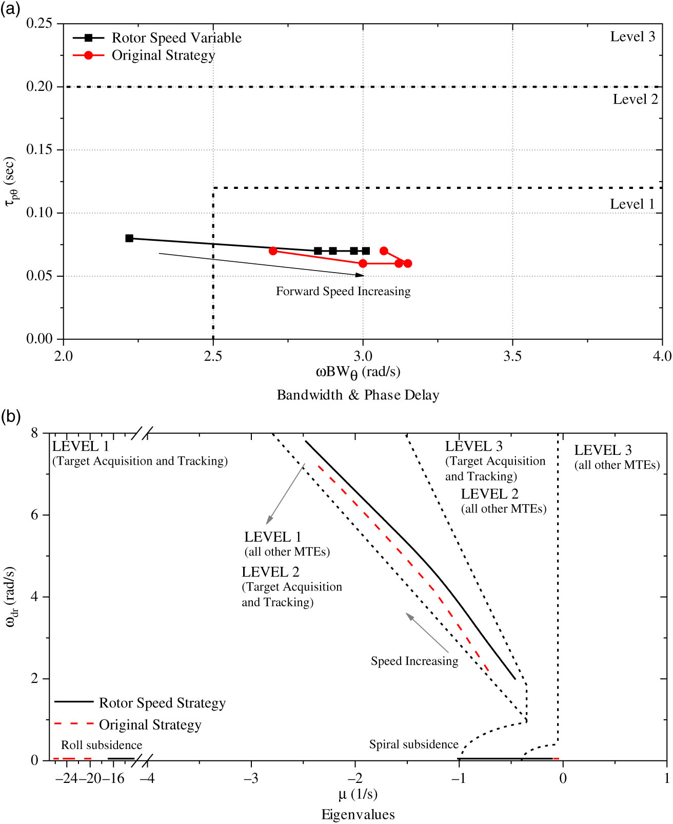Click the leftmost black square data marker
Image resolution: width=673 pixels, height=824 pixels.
129,238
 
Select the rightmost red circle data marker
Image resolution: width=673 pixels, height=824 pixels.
408,263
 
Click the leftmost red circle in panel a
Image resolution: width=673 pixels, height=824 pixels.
273,251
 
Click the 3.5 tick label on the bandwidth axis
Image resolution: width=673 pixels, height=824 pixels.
512,356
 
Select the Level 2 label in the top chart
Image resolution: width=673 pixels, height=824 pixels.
635,100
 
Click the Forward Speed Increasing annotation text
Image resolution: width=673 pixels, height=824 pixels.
343,292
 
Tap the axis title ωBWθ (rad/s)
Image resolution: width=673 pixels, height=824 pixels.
358,372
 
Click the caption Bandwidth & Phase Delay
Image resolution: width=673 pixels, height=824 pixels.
358,395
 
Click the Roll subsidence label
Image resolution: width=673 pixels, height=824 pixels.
102,745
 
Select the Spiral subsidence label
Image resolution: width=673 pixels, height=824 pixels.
413,744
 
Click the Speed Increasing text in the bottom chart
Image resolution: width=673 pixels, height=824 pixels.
414,661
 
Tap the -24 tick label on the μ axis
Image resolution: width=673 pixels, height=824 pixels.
66,778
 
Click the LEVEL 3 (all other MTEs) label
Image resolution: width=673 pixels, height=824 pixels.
617,457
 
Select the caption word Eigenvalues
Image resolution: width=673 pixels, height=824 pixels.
358,815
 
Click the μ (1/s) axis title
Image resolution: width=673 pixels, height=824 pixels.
358,795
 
